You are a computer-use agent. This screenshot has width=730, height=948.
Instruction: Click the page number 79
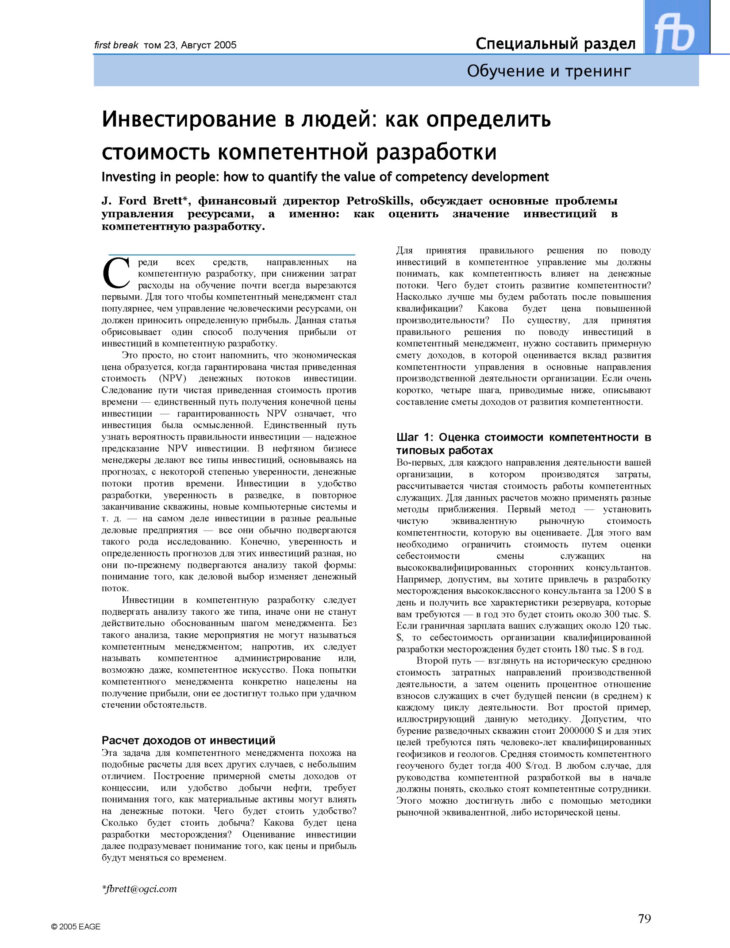644,919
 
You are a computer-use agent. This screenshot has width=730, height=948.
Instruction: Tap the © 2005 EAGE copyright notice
76,927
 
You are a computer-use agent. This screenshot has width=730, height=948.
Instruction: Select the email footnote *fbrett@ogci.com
139,889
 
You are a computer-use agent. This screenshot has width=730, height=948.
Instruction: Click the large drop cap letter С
116,272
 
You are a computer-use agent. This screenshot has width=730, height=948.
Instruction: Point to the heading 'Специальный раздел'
555,44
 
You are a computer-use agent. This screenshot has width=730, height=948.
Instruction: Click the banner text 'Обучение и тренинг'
549,71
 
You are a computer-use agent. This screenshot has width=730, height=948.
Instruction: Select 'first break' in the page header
116,45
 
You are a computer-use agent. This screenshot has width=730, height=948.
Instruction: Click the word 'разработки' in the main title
436,152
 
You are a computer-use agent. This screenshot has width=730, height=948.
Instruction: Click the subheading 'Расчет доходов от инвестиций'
188,740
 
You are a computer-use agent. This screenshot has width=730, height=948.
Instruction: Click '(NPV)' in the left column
172,378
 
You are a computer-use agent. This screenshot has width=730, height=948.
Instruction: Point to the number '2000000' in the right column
576,731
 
